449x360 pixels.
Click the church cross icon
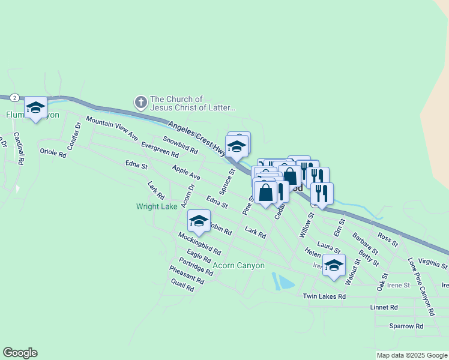141,103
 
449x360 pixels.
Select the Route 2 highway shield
14,97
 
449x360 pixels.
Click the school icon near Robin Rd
199,221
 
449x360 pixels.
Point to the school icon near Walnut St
334,265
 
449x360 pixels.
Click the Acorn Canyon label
238,265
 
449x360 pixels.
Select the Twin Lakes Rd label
324,296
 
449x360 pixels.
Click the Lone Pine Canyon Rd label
420,287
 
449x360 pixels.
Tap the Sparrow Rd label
406,326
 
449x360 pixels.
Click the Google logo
20,353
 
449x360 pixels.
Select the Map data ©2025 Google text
411,355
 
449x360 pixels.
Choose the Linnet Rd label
384,307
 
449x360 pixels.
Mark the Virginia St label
433,262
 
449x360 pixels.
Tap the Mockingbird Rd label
199,244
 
